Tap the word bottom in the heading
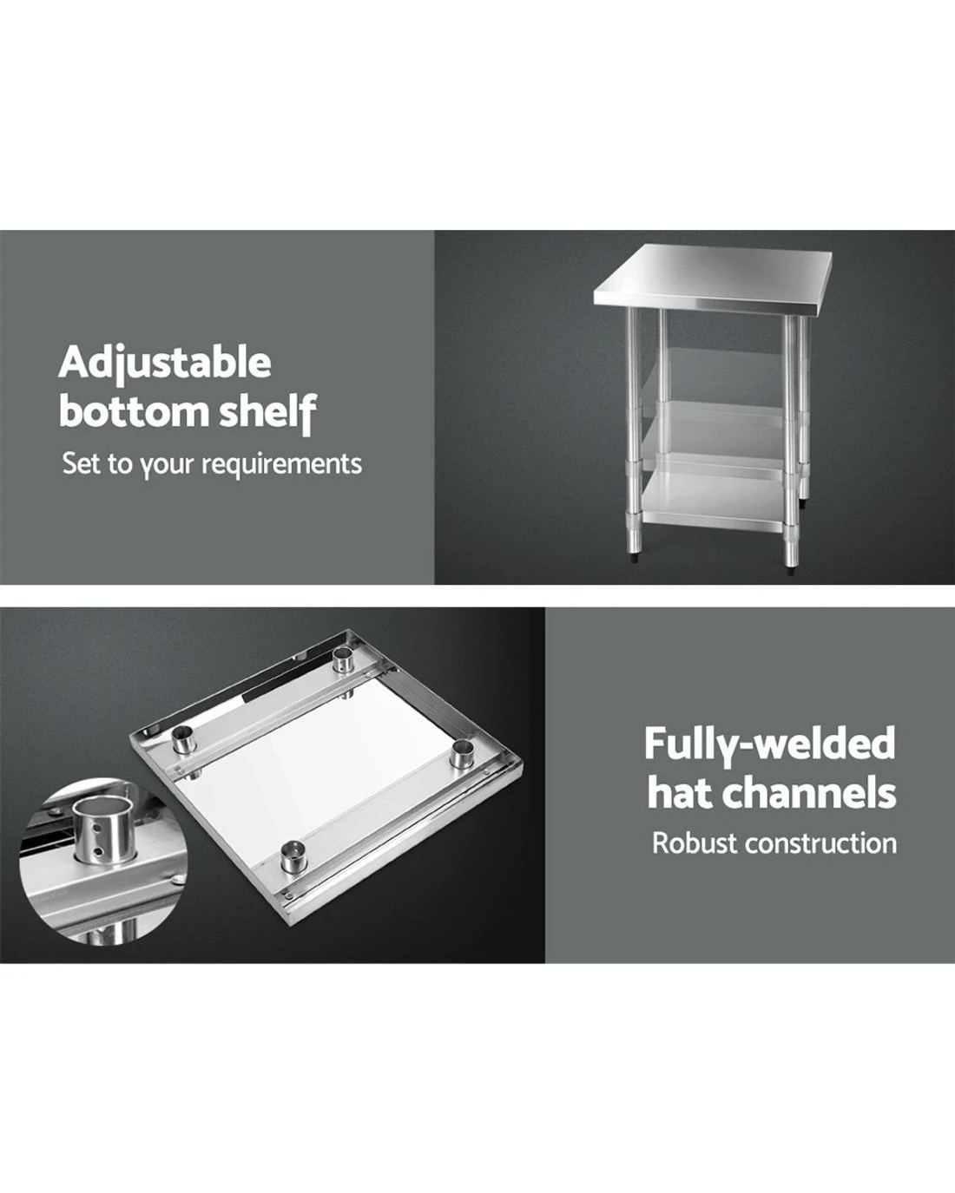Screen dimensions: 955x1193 click(x=134, y=411)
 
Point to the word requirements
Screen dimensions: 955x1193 click(x=281, y=464)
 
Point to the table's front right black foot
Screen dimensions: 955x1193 click(x=791, y=569)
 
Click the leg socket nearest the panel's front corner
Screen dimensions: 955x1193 click(x=293, y=856)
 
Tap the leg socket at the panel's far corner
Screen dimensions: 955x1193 click(x=344, y=659)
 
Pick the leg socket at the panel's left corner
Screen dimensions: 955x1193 click(x=184, y=739)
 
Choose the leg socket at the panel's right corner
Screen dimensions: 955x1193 click(x=461, y=755)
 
